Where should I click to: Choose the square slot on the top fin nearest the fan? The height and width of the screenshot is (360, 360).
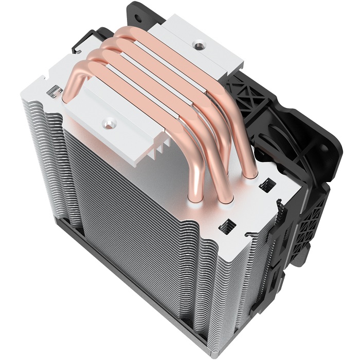[267, 184]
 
